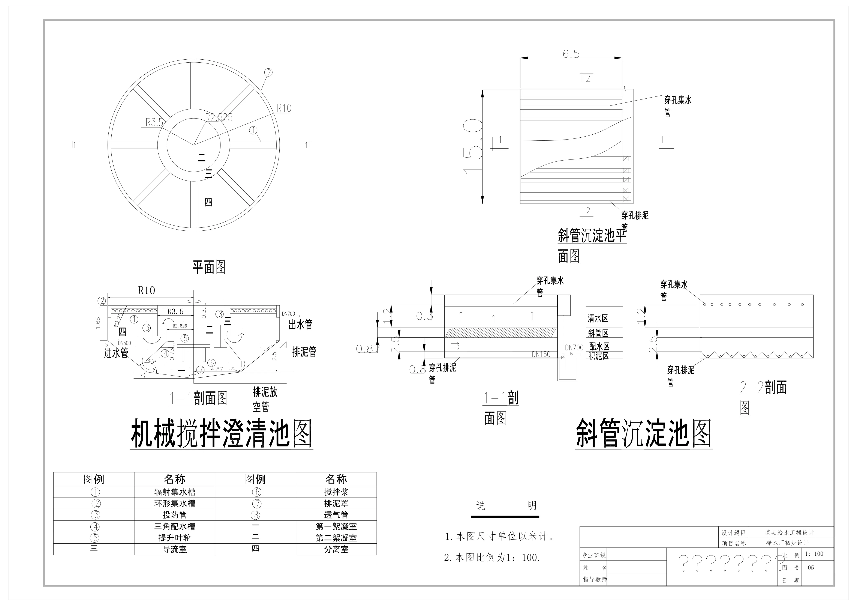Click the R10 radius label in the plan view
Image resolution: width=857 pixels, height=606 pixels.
284,108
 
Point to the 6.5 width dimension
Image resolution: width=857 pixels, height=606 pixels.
571,54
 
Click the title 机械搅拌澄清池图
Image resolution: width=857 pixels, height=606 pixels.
221,434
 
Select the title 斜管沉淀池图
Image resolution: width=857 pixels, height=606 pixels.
643,434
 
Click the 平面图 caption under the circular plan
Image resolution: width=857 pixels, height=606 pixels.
209,267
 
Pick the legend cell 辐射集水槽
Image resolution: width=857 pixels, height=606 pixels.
175,492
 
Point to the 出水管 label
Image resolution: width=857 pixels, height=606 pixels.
300,325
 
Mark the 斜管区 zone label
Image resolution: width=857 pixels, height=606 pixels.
598,333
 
